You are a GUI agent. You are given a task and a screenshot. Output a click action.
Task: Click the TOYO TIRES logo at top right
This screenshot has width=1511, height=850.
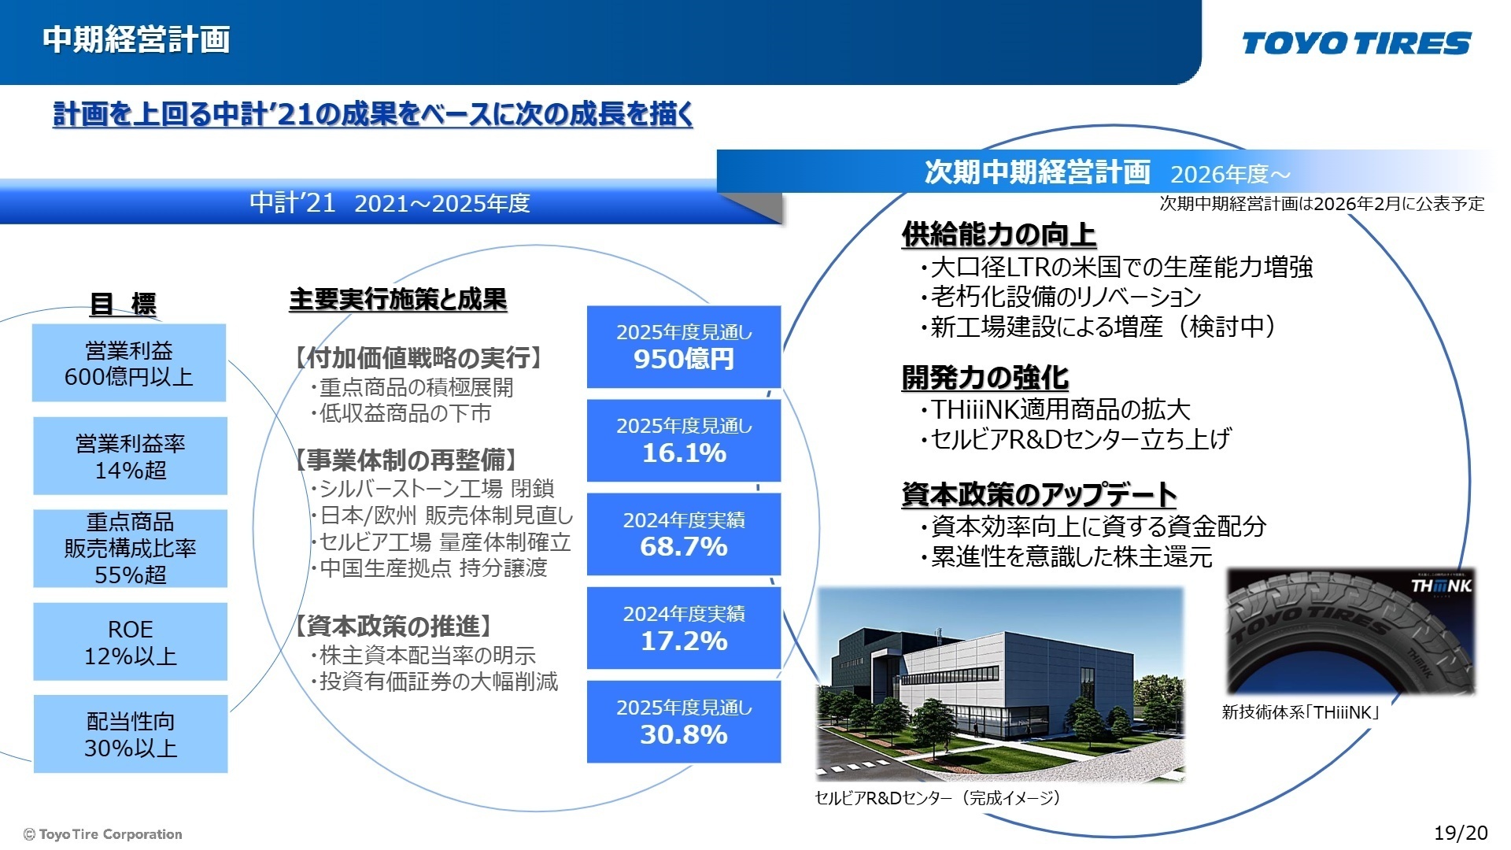[1356, 43]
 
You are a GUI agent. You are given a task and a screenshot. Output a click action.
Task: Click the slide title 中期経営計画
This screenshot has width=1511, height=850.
[136, 39]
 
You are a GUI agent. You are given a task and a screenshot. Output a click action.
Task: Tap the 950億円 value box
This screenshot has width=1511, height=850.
[683, 346]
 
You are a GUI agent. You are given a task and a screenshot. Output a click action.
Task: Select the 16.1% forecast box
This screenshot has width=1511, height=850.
[683, 440]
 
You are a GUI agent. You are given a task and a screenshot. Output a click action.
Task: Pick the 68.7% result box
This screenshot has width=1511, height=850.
[683, 534]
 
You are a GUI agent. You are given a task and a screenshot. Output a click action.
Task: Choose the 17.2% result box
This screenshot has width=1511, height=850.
[683, 627]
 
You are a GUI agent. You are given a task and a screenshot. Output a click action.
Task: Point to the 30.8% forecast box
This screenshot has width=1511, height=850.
[683, 721]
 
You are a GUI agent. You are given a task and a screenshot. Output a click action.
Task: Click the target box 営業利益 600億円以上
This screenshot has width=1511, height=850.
[129, 363]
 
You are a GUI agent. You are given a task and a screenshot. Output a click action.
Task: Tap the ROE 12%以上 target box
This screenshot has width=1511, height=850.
[130, 641]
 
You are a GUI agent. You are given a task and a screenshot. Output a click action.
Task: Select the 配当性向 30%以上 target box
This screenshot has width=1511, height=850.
[130, 734]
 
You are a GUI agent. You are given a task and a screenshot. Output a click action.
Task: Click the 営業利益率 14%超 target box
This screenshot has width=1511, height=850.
[130, 456]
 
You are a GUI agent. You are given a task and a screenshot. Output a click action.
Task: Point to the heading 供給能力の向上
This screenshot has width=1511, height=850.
[999, 234]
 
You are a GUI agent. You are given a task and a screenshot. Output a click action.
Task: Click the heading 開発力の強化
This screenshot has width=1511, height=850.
[985, 377]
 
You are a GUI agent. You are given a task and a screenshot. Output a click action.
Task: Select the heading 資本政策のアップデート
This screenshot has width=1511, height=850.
[1039, 494]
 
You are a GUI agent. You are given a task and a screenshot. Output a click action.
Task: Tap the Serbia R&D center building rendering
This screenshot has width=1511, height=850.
[1000, 683]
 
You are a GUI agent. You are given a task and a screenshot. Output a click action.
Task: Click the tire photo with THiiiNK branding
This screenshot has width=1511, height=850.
[1350, 631]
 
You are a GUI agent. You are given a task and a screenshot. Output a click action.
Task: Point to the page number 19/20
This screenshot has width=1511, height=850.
[1461, 833]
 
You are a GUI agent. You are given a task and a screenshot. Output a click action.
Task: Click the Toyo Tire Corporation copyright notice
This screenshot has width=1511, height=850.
[103, 834]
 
